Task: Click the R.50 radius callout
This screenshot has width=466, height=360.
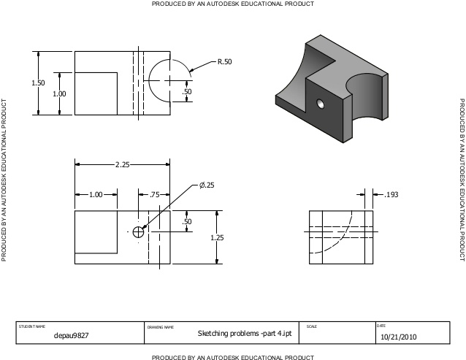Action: tap(224, 62)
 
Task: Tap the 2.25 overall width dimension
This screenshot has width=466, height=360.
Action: tap(122, 165)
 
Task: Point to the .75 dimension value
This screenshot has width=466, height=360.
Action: tap(154, 195)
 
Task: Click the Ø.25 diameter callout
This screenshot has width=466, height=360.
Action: tap(207, 185)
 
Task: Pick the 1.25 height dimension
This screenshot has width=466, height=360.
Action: tap(217, 237)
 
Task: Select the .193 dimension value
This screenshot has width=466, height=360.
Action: tap(391, 194)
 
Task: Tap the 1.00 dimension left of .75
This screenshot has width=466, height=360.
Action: tap(96, 195)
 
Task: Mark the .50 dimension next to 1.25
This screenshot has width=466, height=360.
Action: tap(187, 221)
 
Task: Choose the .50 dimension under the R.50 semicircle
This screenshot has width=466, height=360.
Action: tap(187, 92)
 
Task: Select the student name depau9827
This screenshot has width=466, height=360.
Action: tap(72, 336)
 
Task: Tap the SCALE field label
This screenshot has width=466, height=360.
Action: tap(312, 326)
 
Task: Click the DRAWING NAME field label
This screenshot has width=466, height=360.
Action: tap(161, 326)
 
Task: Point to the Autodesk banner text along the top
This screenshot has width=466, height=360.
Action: tap(233, 4)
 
